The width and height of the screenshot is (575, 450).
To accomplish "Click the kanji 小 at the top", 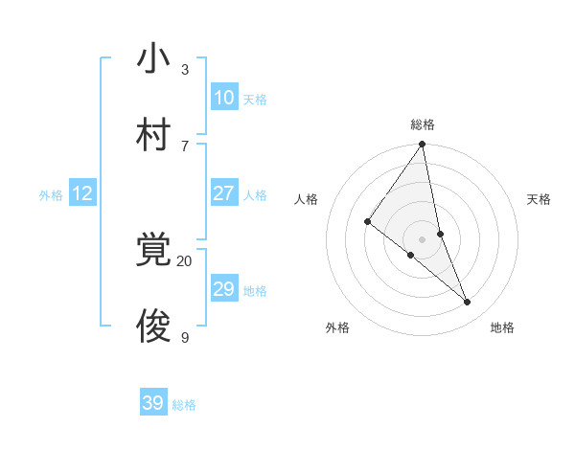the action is pyautogui.click(x=153, y=59).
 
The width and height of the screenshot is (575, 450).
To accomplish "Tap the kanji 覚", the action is pyautogui.click(x=153, y=252).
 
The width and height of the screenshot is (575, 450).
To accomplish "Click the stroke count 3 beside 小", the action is pyautogui.click(x=185, y=70).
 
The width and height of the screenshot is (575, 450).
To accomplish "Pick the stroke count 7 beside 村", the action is pyautogui.click(x=185, y=146).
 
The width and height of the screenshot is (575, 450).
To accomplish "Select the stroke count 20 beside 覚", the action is pyautogui.click(x=184, y=260).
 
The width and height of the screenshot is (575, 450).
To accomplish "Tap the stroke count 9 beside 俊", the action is pyautogui.click(x=185, y=337).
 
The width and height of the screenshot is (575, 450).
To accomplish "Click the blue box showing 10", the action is pyautogui.click(x=223, y=98).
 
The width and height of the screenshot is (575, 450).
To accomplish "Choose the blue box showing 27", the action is pyautogui.click(x=223, y=192).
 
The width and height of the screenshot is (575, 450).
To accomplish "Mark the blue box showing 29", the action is pyautogui.click(x=223, y=289).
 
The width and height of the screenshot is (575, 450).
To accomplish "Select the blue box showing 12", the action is pyautogui.click(x=81, y=193).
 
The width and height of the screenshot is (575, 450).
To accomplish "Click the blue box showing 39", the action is pyautogui.click(x=152, y=403).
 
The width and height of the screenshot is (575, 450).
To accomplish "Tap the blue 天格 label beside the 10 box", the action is pyautogui.click(x=255, y=100).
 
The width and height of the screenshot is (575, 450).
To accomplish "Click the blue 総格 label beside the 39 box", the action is pyautogui.click(x=184, y=405).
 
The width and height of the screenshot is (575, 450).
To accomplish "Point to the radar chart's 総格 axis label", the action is pyautogui.click(x=423, y=124).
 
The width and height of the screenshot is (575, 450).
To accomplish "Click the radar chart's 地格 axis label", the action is pyautogui.click(x=502, y=327).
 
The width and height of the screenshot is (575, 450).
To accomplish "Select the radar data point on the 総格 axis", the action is pyautogui.click(x=423, y=145).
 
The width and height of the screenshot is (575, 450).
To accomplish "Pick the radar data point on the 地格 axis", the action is pyautogui.click(x=468, y=303).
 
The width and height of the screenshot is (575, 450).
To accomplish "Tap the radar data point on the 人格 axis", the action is pyautogui.click(x=367, y=222).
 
